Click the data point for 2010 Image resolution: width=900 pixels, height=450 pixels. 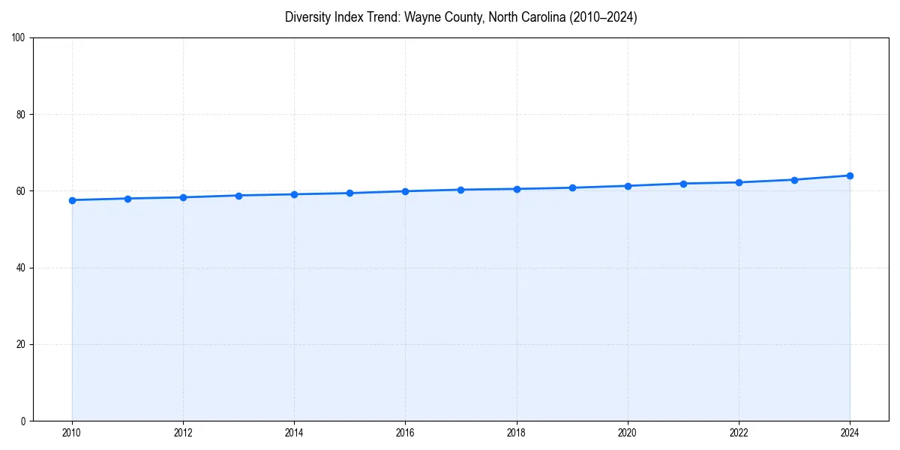pos(72,200)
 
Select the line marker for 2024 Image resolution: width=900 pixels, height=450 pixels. pos(850,175)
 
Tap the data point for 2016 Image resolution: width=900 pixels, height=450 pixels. pos(405,191)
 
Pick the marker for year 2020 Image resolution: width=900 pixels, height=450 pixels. pos(628,186)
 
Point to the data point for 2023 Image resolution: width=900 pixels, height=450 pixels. pos(794,180)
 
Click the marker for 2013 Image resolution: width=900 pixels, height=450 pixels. pos(238,196)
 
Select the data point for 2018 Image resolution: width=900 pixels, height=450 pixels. pos(517,189)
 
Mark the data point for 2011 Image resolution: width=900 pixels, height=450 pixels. pos(127,199)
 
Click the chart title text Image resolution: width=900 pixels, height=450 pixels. pos(460,17)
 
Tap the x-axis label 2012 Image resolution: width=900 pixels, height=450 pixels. pos(183,433)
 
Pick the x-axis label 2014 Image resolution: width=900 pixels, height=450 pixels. pos(294,433)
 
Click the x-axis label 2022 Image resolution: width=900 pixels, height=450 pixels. pos(739,433)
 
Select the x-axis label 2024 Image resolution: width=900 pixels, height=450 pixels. pos(850,433)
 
